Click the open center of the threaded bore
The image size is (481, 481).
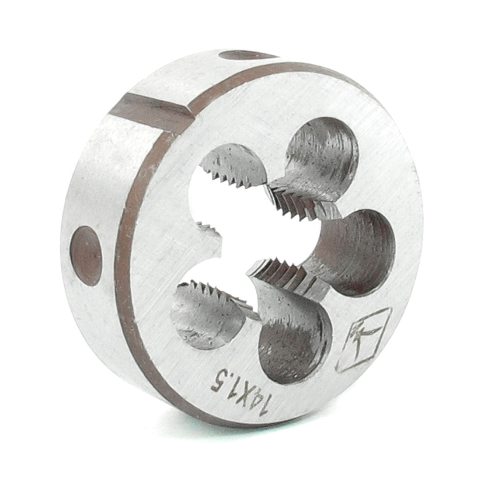pyautogui.click(x=245, y=236)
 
